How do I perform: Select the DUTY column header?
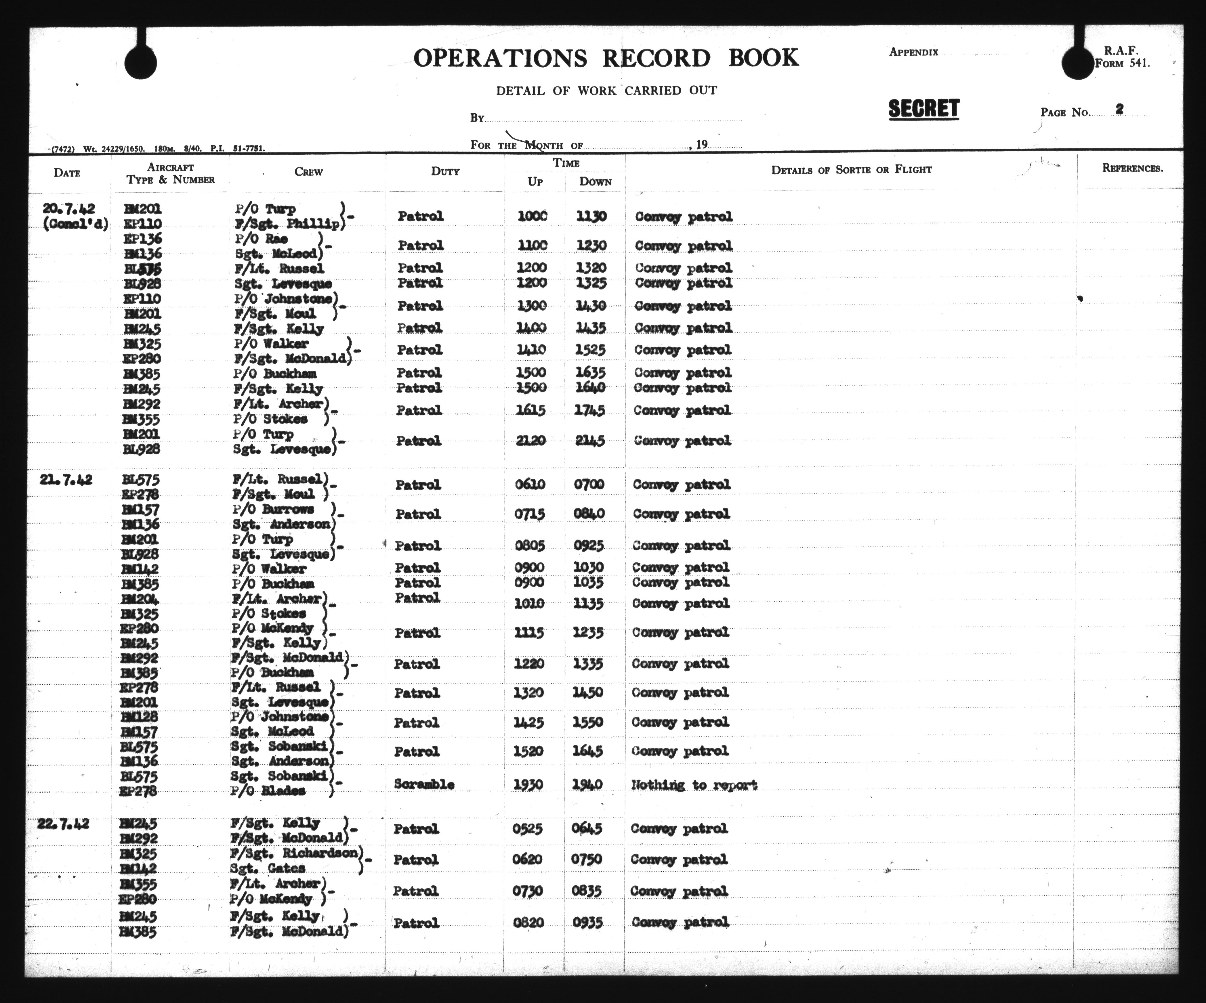tap(445, 171)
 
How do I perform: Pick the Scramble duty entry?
tap(424, 784)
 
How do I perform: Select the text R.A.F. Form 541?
tap(1122, 58)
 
